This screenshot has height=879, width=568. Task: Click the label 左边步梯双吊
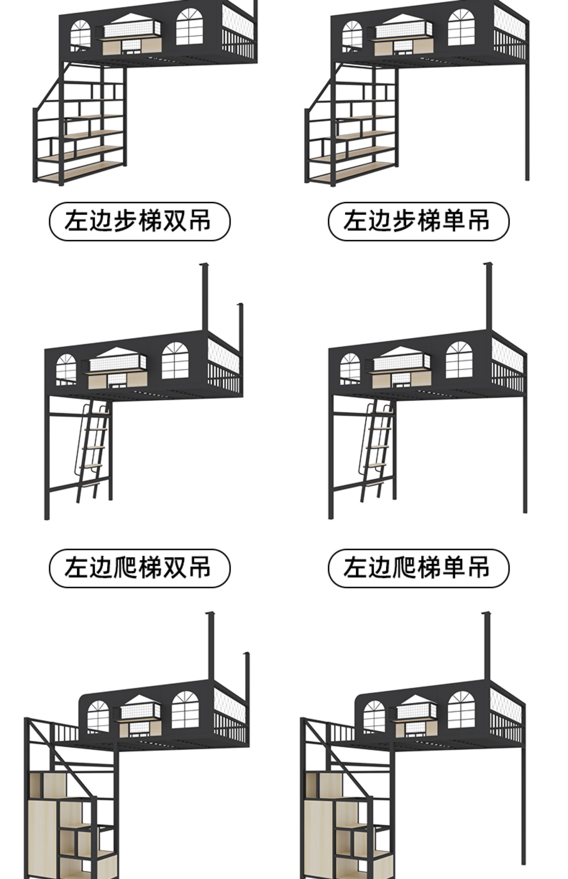tap(139, 222)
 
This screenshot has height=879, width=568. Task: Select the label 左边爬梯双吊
tap(139, 568)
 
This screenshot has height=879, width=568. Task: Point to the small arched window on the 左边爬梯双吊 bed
tap(66, 369)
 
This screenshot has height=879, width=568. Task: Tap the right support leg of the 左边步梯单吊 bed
tap(527, 122)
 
